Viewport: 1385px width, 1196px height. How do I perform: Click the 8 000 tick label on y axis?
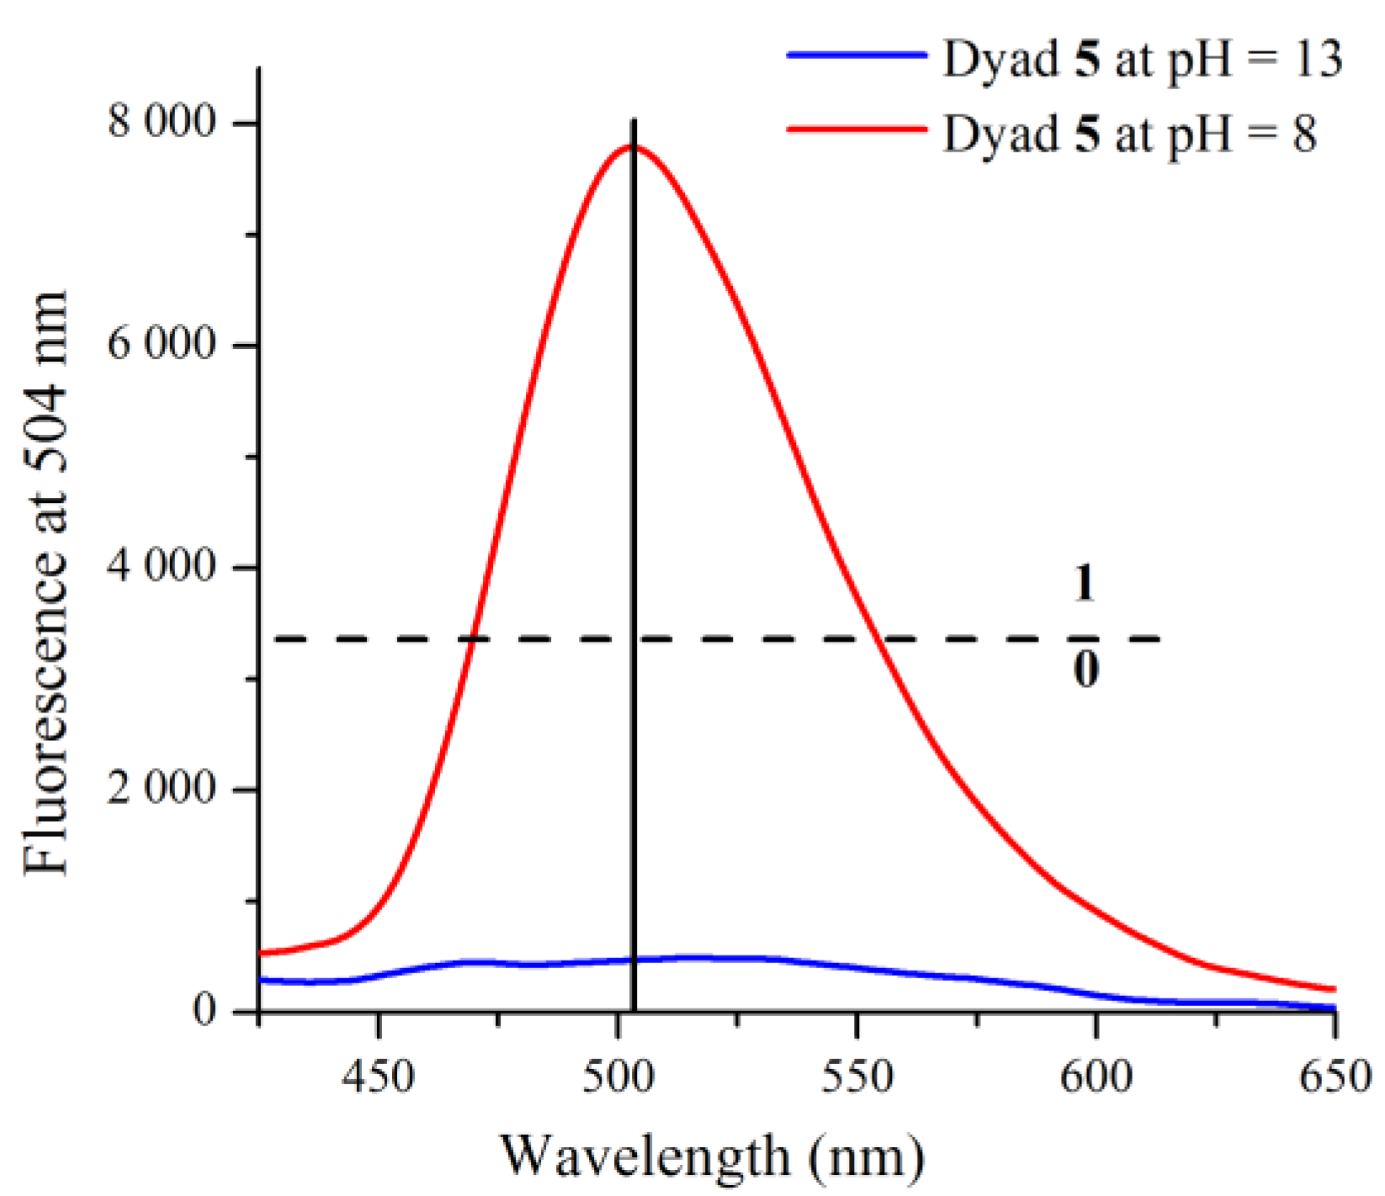(162, 123)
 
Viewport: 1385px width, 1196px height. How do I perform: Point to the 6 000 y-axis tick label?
(162, 345)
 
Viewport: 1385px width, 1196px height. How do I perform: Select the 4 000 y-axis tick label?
(162, 567)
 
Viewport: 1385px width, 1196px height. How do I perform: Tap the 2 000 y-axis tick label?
(162, 789)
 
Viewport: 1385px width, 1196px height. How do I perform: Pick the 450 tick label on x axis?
(379, 1077)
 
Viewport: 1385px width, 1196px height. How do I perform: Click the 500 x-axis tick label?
(618, 1077)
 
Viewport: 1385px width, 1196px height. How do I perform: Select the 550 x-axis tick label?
(857, 1077)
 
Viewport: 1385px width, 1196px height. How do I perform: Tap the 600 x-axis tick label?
(1096, 1077)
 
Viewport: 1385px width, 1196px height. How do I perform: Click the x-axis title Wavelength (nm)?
(712, 1156)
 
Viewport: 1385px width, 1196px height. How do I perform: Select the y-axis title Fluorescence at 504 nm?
(46, 582)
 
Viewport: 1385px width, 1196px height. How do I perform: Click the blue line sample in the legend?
(856, 55)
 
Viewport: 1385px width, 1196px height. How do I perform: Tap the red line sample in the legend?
(856, 129)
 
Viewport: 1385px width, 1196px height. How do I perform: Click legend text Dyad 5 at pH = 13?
(1141, 60)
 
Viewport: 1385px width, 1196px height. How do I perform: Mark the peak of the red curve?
(633, 146)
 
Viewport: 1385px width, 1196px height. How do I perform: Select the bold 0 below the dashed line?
(1085, 671)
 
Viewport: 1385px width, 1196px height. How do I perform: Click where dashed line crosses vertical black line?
(634, 639)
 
